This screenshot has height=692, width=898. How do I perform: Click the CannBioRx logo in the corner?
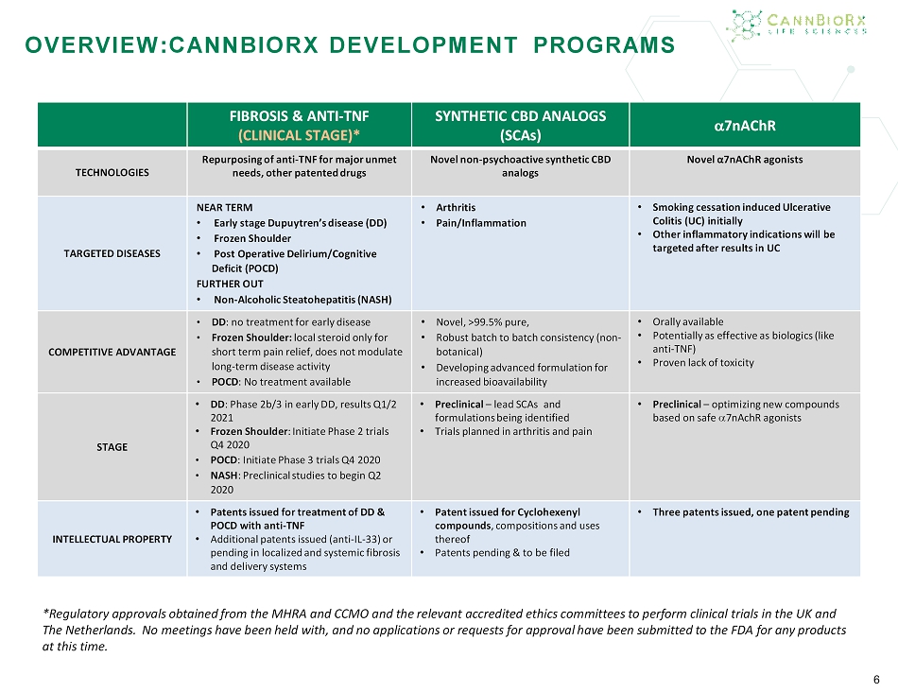point(800,23)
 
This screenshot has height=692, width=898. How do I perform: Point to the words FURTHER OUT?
point(229,284)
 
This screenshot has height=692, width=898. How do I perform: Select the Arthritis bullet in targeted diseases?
point(456,207)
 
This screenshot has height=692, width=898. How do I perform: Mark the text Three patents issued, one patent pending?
point(751,512)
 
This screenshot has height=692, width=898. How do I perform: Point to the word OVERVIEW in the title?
point(91,44)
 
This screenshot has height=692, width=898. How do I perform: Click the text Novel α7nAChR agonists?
point(745,159)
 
